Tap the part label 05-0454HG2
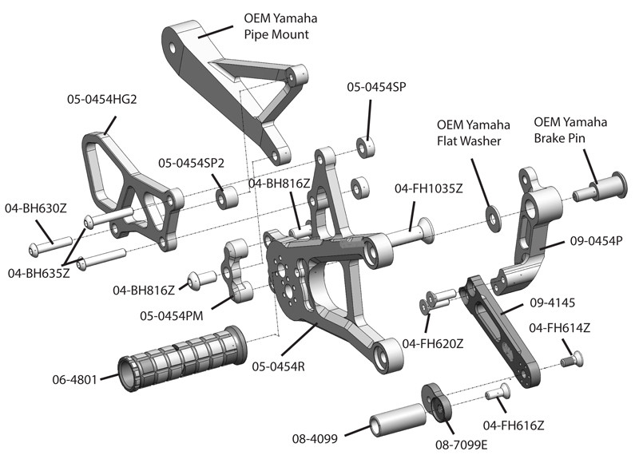tap(103, 100)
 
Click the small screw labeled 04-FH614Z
tap(569, 362)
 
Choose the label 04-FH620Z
tap(434, 344)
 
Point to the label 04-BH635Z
tap(38, 272)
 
